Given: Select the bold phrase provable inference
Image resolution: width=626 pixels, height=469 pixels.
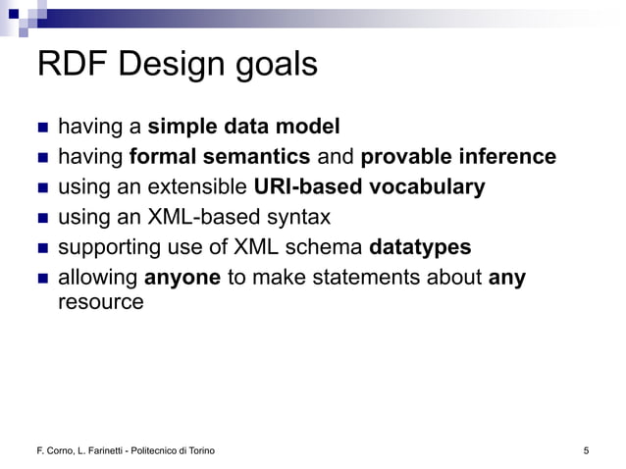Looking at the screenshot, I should coord(458,157).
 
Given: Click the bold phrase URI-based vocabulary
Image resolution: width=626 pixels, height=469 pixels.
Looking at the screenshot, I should coord(369,186).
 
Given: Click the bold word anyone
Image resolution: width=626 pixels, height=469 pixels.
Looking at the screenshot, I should coord(182,278).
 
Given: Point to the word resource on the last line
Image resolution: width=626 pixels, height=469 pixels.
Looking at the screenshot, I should coord(101,302).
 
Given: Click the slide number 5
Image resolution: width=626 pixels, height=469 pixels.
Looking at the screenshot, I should coord(586,450).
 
